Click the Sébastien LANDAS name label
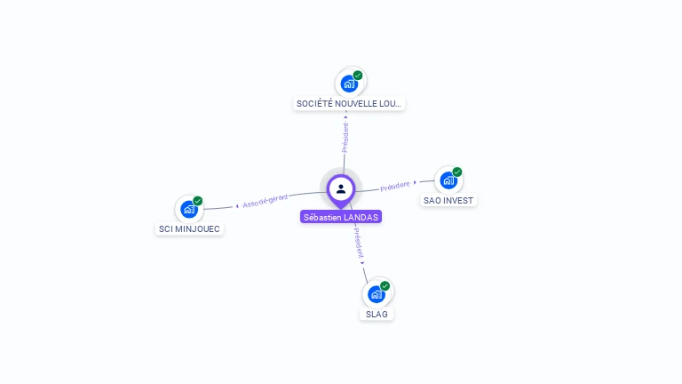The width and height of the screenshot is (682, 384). point(341,217)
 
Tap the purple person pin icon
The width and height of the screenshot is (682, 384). point(341,188)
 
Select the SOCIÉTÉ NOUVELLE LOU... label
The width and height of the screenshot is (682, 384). point(349,104)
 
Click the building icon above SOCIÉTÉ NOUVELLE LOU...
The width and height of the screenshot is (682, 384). point(349,84)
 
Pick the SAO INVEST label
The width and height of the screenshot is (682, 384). point(448,200)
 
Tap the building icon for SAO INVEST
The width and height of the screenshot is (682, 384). point(448,180)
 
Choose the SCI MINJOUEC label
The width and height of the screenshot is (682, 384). point(189,228)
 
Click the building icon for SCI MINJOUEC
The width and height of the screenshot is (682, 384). point(188,209)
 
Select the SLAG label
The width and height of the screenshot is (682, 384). point(377,314)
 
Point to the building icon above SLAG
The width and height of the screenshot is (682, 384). point(377,293)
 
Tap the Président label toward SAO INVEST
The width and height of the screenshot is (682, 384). point(394,186)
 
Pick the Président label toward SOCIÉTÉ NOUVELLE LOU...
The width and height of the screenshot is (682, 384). point(345,137)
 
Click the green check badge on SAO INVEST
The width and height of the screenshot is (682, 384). point(457,172)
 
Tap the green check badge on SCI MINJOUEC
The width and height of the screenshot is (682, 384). point(198,201)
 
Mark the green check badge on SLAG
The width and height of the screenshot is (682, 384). point(385,285)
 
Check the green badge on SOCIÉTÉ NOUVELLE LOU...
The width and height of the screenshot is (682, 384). point(358,76)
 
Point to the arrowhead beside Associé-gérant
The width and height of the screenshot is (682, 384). point(237,206)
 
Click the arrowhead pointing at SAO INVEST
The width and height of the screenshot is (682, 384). point(415,182)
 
